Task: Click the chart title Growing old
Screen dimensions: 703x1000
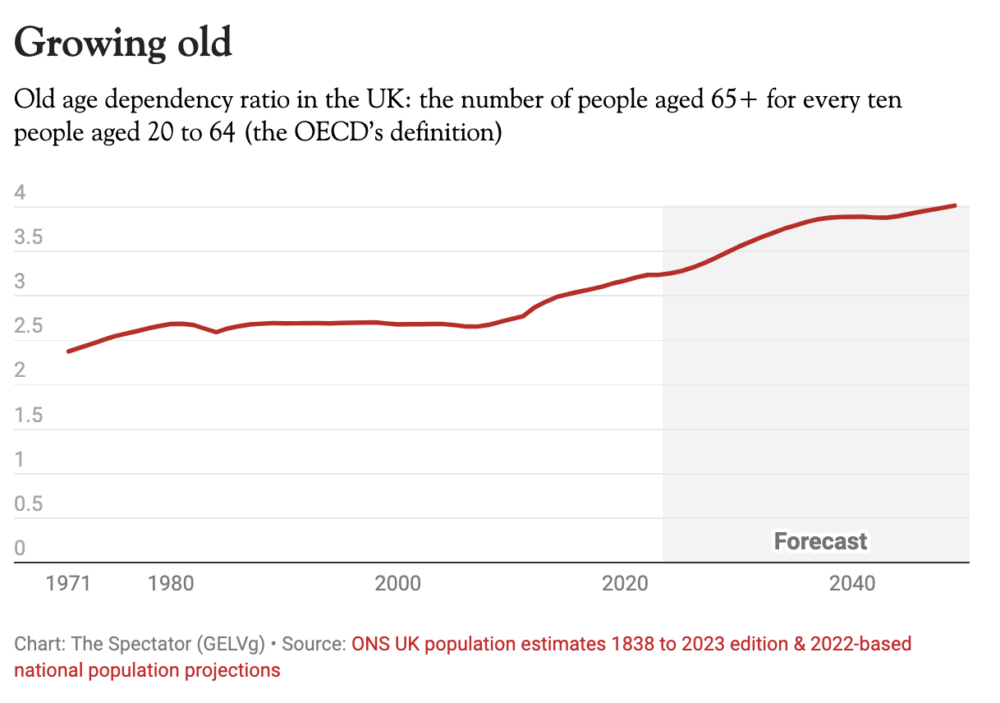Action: (x=123, y=43)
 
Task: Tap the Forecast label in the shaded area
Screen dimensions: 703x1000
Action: (x=820, y=541)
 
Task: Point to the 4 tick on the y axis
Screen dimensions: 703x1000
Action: (x=21, y=194)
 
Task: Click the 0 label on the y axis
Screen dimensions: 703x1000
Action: (x=21, y=549)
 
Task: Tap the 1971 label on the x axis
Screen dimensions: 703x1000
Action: (x=68, y=584)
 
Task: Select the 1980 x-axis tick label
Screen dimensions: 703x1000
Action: (x=172, y=584)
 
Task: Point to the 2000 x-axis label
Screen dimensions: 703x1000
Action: (x=398, y=584)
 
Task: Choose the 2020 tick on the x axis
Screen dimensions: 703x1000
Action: (x=626, y=584)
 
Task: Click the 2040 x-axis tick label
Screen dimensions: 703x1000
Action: (x=852, y=584)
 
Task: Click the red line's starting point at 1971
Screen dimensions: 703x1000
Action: (x=68, y=351)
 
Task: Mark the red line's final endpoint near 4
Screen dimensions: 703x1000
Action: (x=955, y=205)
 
